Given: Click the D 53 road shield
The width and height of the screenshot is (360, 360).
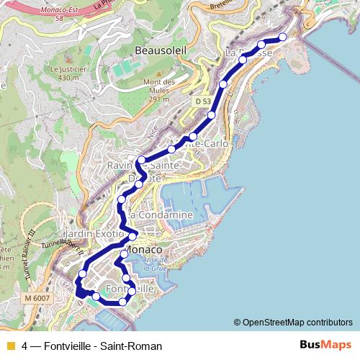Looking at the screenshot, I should click(203, 102).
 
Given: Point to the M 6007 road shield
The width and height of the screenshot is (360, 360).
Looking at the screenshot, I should click(36, 297).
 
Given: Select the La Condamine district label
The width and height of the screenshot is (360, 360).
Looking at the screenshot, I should click(162, 215).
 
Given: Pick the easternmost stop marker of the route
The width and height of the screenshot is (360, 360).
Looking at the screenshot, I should click(282, 37).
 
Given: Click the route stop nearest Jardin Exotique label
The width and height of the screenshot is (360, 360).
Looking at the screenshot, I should click(132, 237).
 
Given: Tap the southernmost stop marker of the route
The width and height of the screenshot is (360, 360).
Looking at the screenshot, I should click(122, 302).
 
